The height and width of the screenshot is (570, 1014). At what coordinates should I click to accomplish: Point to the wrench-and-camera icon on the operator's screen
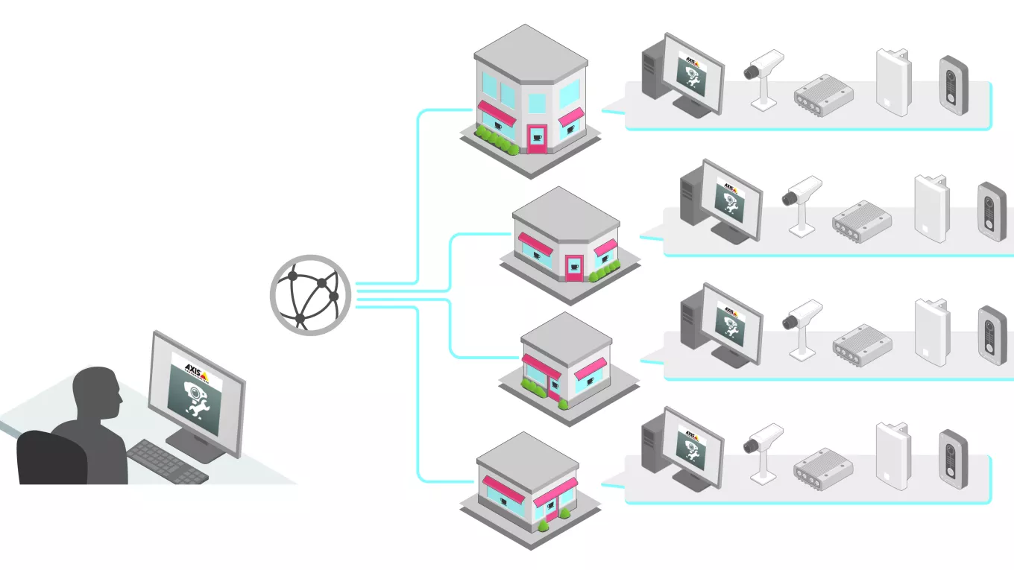click(x=196, y=402)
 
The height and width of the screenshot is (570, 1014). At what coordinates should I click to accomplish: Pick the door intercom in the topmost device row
click(x=953, y=84)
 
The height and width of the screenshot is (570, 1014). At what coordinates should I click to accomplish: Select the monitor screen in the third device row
click(x=728, y=322)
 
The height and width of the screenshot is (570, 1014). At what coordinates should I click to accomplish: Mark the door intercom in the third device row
click(x=992, y=334)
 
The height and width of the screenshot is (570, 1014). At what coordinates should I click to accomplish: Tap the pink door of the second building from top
click(x=573, y=267)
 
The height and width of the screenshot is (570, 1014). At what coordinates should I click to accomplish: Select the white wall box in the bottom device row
click(x=892, y=454)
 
